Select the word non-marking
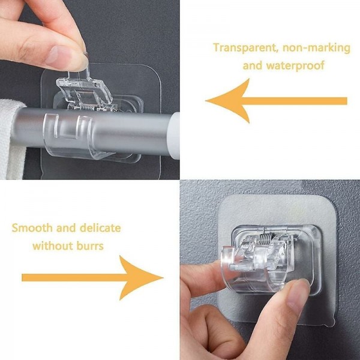[x=317, y=49]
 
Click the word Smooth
[x=32, y=228]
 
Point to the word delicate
[x=100, y=228]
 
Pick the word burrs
[x=90, y=246]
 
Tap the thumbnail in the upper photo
[x=56, y=55]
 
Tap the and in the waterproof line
[x=253, y=65]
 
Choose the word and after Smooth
[x=66, y=228]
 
